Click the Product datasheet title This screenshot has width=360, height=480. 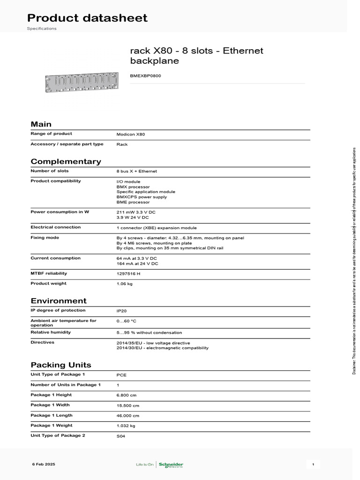tap(87, 18)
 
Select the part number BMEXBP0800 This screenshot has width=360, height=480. tap(145, 75)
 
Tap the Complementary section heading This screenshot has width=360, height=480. tap(66, 162)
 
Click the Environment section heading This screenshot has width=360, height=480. tap(59, 301)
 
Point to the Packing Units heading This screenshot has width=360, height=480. tap(61, 365)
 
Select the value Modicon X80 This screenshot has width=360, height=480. tap(131, 134)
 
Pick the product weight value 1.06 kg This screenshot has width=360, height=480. tap(124, 284)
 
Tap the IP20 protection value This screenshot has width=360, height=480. tap(121, 310)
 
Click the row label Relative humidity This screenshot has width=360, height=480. tap(51, 332)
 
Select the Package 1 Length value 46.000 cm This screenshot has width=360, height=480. tap(127, 415)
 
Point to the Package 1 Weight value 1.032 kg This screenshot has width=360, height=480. tap(126, 426)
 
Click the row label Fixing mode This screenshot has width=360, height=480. tap(45, 238)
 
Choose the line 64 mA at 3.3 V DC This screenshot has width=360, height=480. tap(136, 258)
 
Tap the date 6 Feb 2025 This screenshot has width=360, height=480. tap(44, 464)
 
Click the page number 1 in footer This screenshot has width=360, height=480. tap(313, 464)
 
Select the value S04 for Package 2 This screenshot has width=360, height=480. tap(121, 436)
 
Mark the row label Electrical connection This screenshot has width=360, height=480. tap(55, 227)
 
